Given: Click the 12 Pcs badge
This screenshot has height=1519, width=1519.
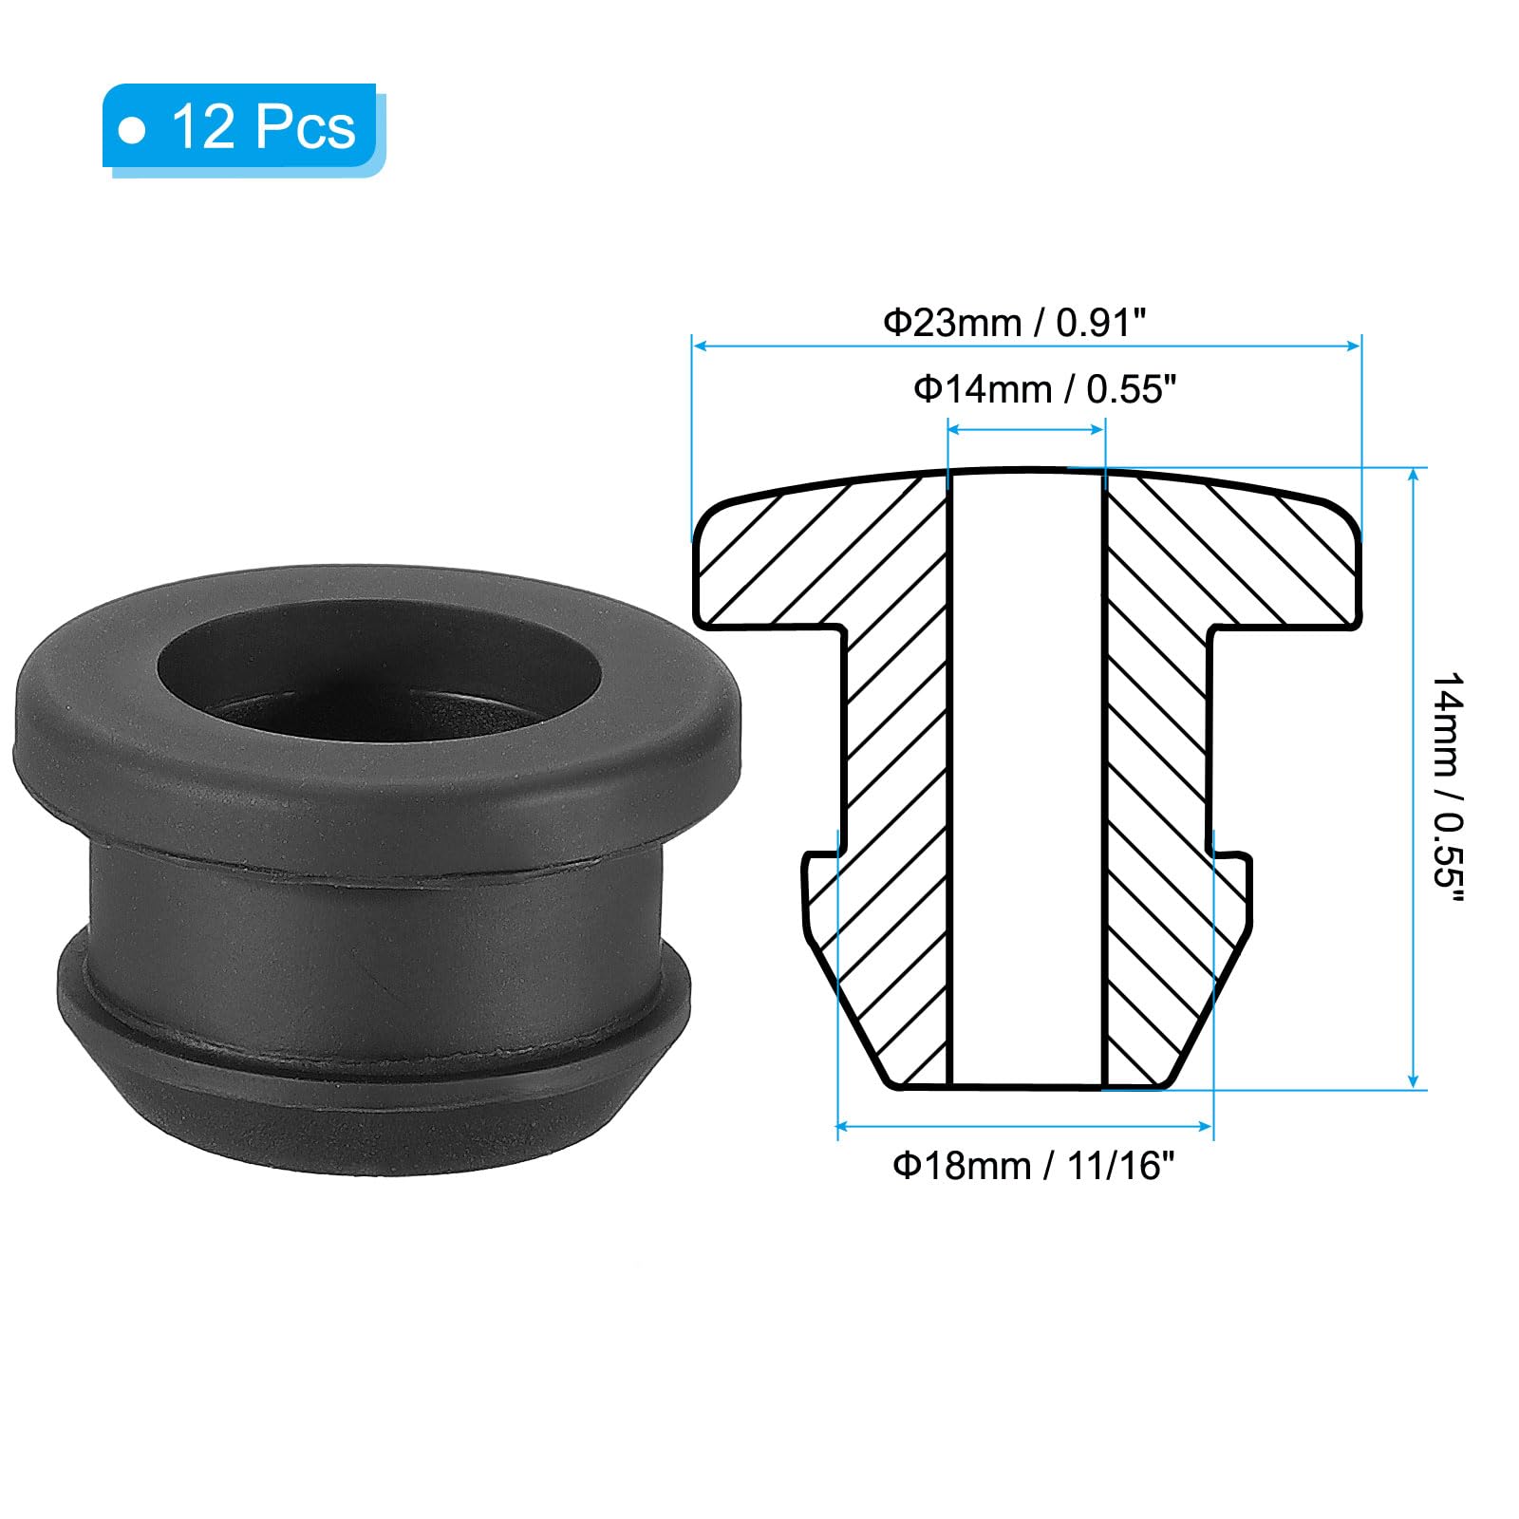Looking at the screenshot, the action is pyautogui.click(x=243, y=128).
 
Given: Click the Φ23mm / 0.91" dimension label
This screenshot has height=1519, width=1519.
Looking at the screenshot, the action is pyautogui.click(x=1015, y=323).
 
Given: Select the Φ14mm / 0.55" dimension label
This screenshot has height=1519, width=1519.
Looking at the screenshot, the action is pyautogui.click(x=1044, y=389).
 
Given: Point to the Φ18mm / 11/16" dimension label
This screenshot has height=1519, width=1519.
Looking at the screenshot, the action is pyautogui.click(x=1034, y=1165).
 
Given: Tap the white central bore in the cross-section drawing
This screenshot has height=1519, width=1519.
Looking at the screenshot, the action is pyautogui.click(x=1026, y=778).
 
